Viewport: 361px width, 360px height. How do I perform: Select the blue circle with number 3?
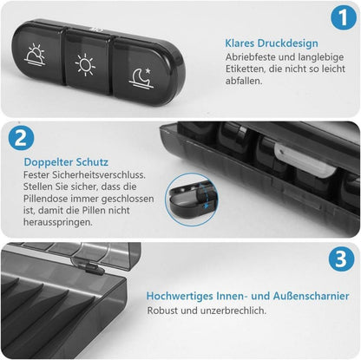pyautogui.click(x=341, y=259)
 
